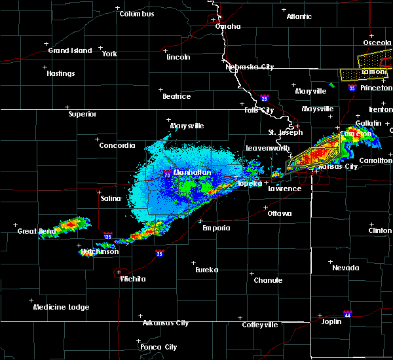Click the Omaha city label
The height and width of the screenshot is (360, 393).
[228, 27]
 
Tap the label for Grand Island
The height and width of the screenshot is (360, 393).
[67, 50]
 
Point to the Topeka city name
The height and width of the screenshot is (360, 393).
[249, 184]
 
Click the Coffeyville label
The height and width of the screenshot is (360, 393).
[259, 325]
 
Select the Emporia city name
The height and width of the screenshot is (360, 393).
[215, 228]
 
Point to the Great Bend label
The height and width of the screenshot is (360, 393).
[35, 231]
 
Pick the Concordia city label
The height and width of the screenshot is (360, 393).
[117, 145]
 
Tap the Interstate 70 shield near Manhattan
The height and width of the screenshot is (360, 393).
[167, 175]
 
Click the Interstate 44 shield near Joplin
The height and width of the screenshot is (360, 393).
[348, 314]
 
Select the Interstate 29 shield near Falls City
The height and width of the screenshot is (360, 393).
[264, 98]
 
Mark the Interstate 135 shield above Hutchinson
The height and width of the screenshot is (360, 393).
[108, 235]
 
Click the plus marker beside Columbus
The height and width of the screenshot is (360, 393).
[118, 8]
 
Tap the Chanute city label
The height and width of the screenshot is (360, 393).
[268, 280]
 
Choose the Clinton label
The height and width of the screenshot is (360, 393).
[380, 230]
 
